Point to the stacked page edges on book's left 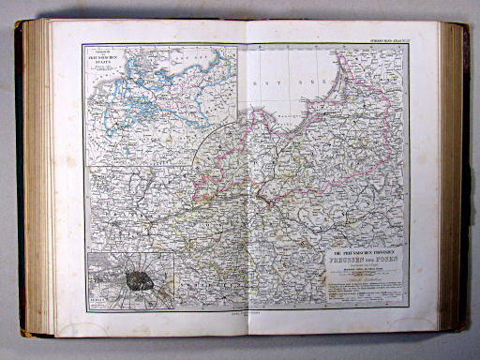(34, 178)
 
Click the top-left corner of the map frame (83, 44)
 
